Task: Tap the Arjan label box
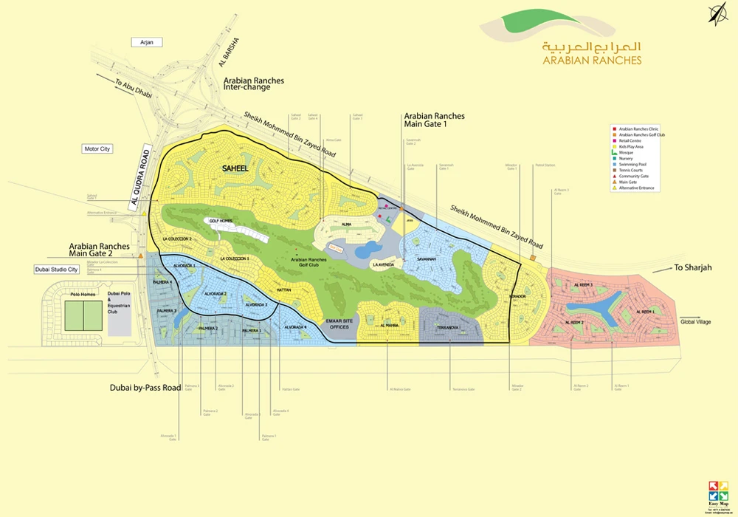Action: point(146,43)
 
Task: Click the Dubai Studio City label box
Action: point(57,270)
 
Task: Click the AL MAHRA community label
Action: point(390,325)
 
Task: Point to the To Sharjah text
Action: point(694,267)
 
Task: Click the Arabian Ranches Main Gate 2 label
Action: point(100,251)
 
